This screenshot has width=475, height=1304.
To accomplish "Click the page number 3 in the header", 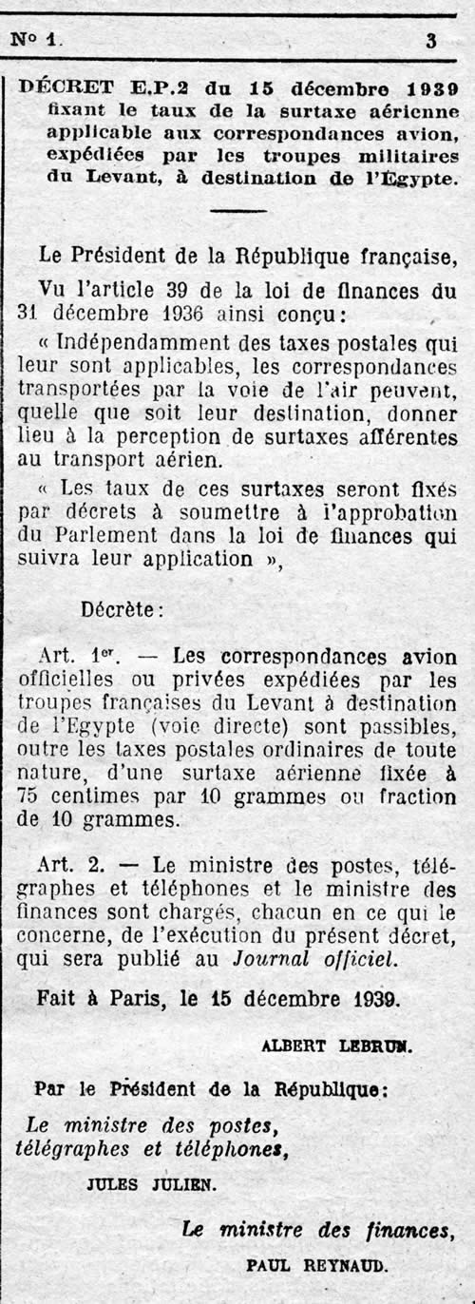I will pos(431,40).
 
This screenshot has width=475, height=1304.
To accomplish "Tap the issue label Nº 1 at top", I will pos(35,40).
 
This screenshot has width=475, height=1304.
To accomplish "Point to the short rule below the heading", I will pos(237,211).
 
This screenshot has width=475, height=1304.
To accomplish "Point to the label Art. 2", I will pos(72,865).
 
